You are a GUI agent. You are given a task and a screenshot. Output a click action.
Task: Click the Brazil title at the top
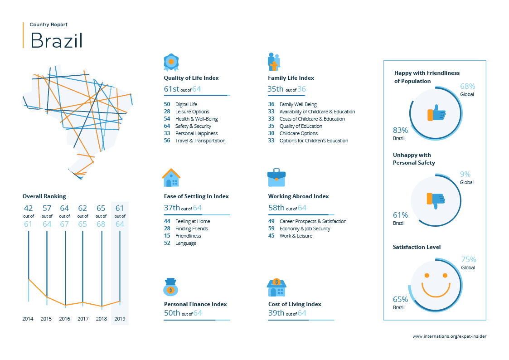point(57,41)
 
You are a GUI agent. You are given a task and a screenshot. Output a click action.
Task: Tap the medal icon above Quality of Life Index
point(171,62)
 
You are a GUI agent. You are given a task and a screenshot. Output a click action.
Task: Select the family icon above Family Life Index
point(274,62)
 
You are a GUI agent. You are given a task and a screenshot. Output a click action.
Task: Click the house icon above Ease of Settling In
point(171,178)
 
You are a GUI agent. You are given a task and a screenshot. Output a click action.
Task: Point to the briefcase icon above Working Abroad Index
point(276,178)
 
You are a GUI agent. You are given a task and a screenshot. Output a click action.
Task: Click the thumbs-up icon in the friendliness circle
point(436,113)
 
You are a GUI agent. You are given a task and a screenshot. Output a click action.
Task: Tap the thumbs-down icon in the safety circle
point(436,200)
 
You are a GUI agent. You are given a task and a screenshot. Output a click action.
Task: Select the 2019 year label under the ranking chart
point(120,319)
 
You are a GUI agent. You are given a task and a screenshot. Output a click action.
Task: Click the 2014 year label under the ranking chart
point(28,319)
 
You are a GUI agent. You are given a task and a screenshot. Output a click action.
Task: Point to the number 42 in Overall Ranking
point(29,208)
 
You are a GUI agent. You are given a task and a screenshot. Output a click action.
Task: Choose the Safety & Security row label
point(193,126)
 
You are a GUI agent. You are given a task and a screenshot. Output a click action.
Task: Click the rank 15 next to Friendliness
point(167,236)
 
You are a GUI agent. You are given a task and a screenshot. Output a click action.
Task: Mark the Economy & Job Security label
point(305,229)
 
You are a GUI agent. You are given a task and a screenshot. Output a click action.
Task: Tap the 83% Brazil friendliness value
point(400,130)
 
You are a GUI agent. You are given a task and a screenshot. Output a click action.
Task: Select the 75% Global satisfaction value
point(468,260)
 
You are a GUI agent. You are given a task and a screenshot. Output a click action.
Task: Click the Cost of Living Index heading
point(295,304)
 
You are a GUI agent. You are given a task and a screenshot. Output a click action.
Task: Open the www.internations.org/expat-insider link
point(450,336)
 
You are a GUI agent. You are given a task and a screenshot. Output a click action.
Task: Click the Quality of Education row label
point(301,126)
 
